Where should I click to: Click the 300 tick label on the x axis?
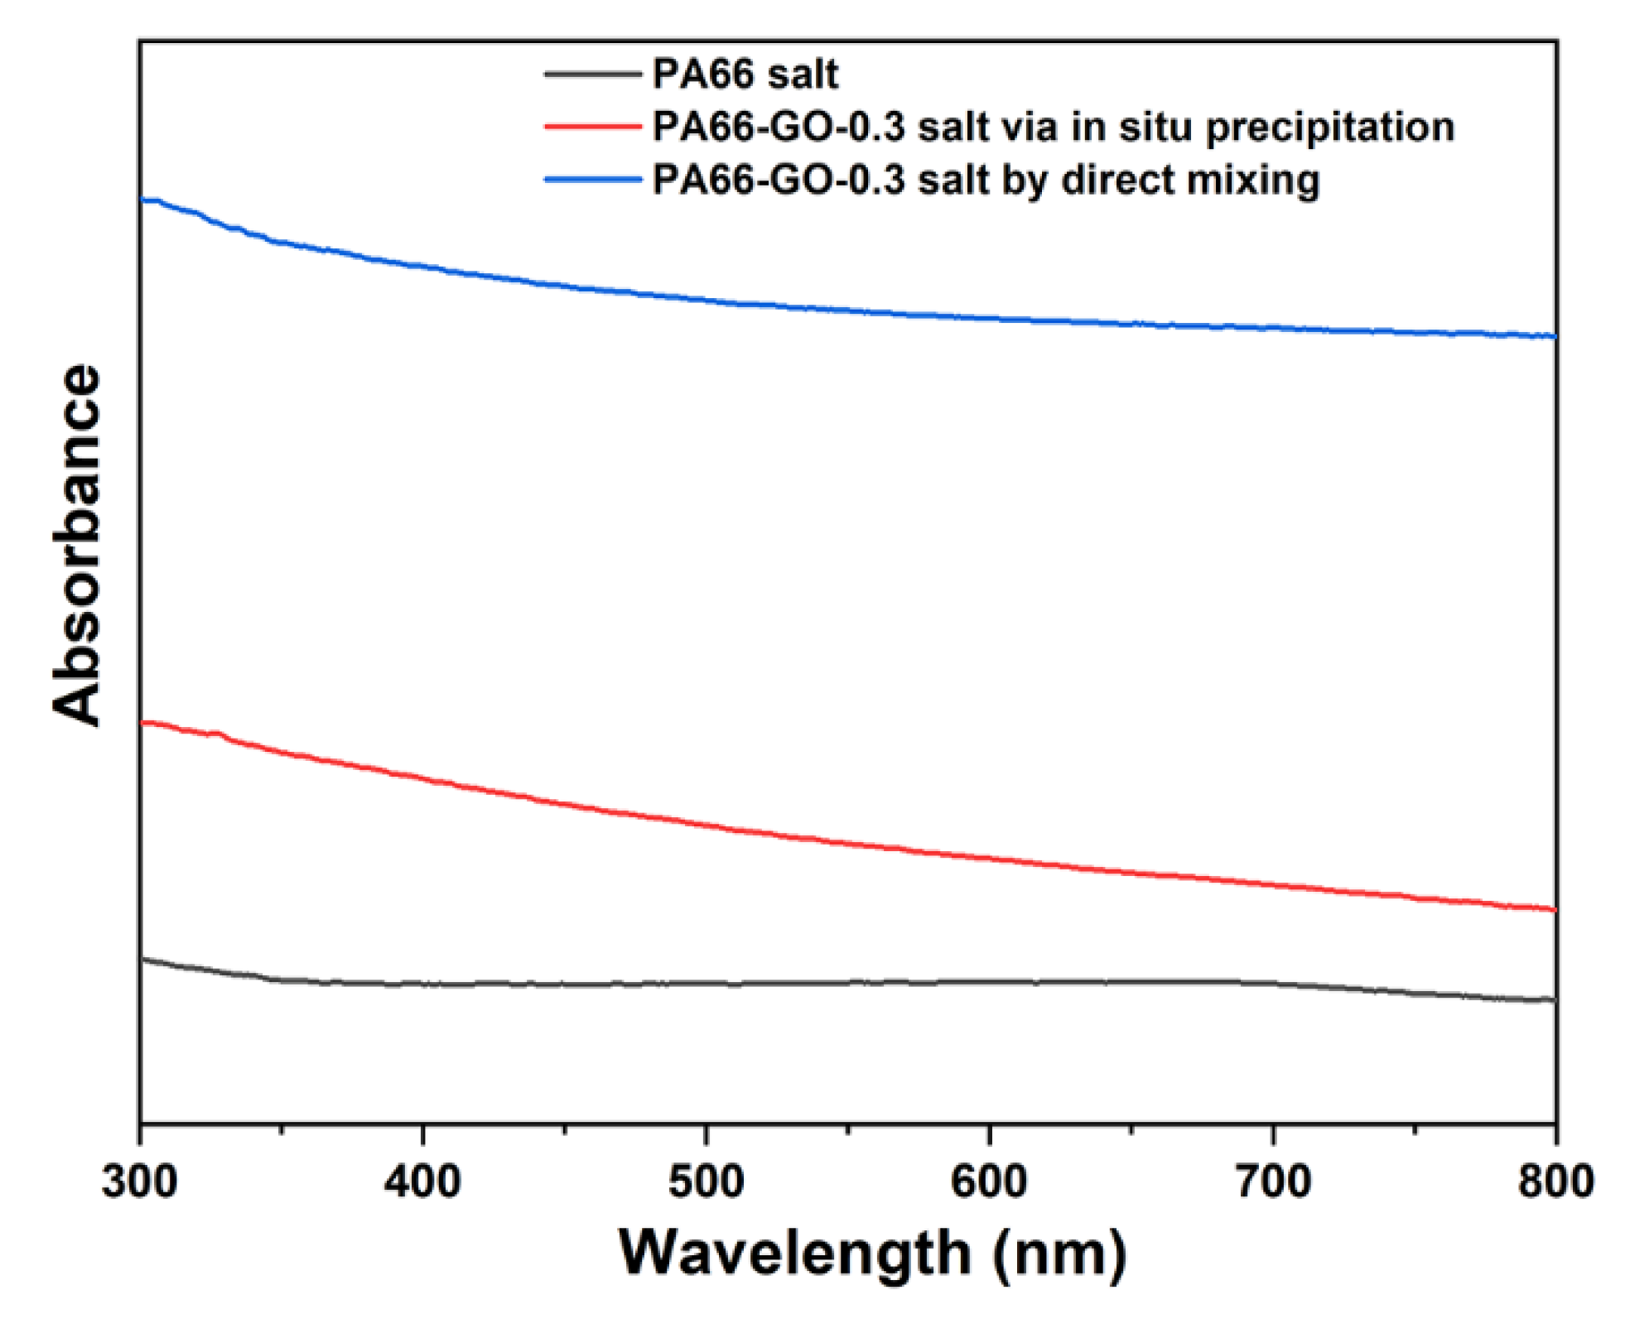[139, 1181]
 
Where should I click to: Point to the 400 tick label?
[422, 1181]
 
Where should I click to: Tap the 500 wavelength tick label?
[706, 1181]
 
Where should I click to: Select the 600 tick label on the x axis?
[989, 1181]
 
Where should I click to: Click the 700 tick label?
[1273, 1181]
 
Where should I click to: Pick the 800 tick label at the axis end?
[1555, 1181]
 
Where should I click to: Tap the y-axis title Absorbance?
[76, 545]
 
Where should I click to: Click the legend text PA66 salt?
[745, 75]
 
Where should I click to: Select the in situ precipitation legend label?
[1053, 128]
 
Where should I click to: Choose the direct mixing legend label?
[986, 181]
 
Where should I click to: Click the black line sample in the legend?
[592, 75]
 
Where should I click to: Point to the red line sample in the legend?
[592, 128]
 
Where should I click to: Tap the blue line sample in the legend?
[592, 180]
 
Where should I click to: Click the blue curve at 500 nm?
[706, 300]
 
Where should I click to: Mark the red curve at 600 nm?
[989, 859]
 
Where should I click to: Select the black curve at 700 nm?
[1273, 984]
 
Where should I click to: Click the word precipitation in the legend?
[1329, 128]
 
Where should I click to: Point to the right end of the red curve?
[1554, 909]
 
